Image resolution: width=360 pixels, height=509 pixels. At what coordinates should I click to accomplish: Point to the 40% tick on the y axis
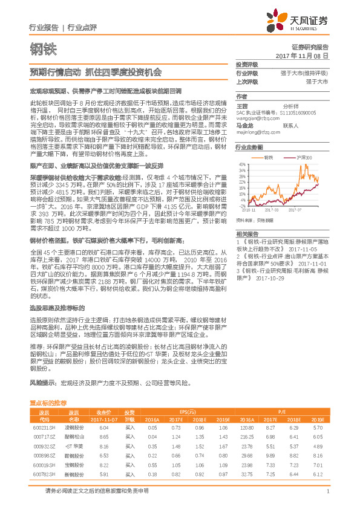point(241,164)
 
